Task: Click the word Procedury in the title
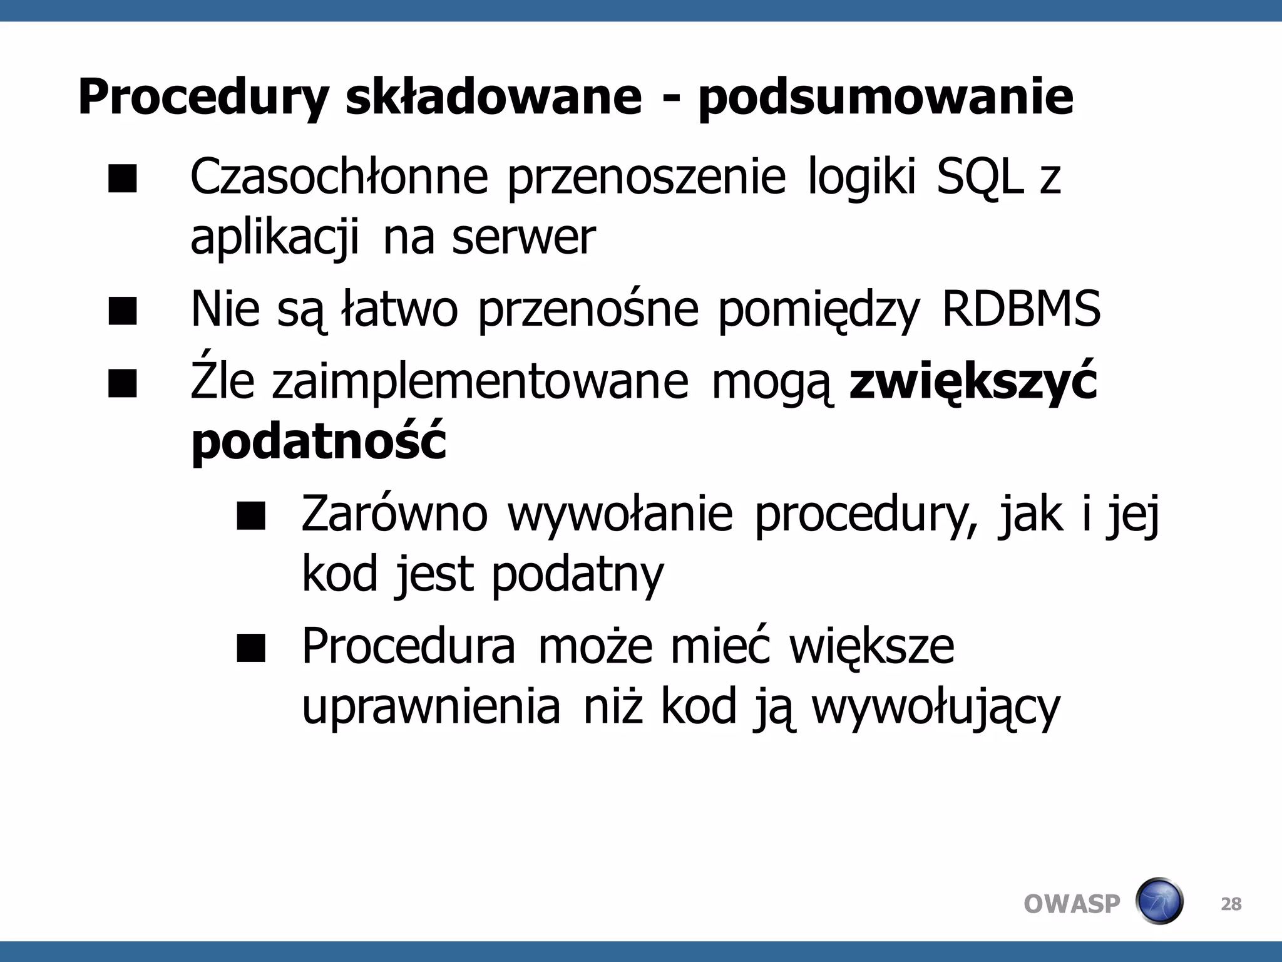(203, 98)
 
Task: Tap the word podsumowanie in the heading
(886, 98)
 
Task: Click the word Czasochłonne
(339, 177)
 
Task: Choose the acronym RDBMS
(1021, 309)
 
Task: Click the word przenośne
(588, 310)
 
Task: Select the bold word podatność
(319, 442)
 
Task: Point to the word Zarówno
(394, 514)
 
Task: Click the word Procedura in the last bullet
(409, 646)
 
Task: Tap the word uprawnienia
(431, 708)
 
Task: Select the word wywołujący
(936, 708)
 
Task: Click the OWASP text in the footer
(1072, 904)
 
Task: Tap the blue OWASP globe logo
(1159, 901)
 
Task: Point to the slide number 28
(1231, 904)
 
